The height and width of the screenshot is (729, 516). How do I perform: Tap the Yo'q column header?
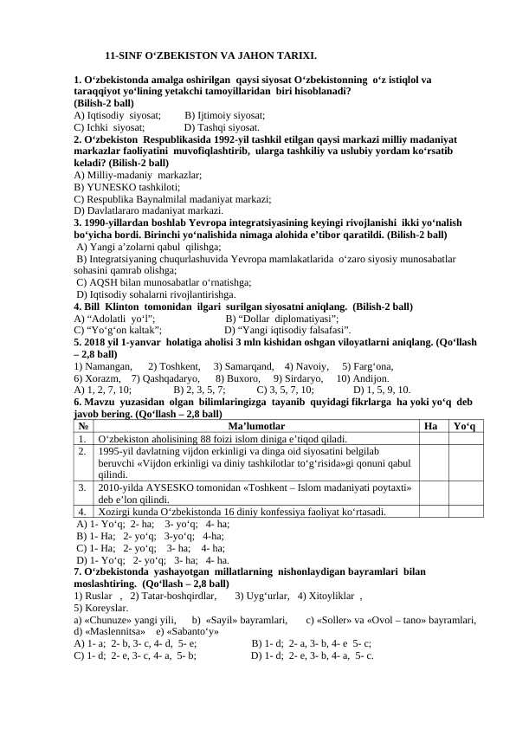pyautogui.click(x=468, y=426)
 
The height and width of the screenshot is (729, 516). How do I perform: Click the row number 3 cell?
pyautogui.click(x=81, y=487)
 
